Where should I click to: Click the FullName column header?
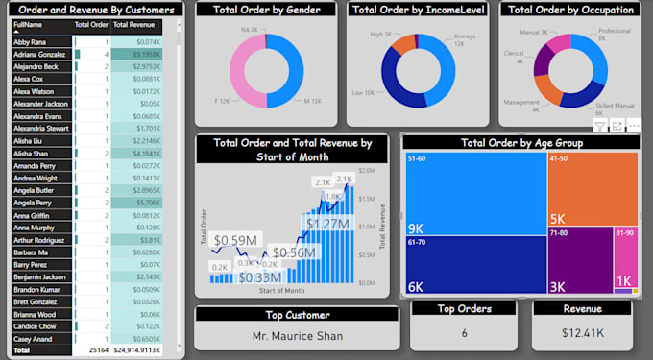click(x=29, y=24)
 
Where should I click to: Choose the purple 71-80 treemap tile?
click(x=581, y=259)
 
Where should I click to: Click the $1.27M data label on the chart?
click(x=327, y=224)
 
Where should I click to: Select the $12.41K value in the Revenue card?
click(x=582, y=333)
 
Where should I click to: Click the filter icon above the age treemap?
click(x=599, y=126)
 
